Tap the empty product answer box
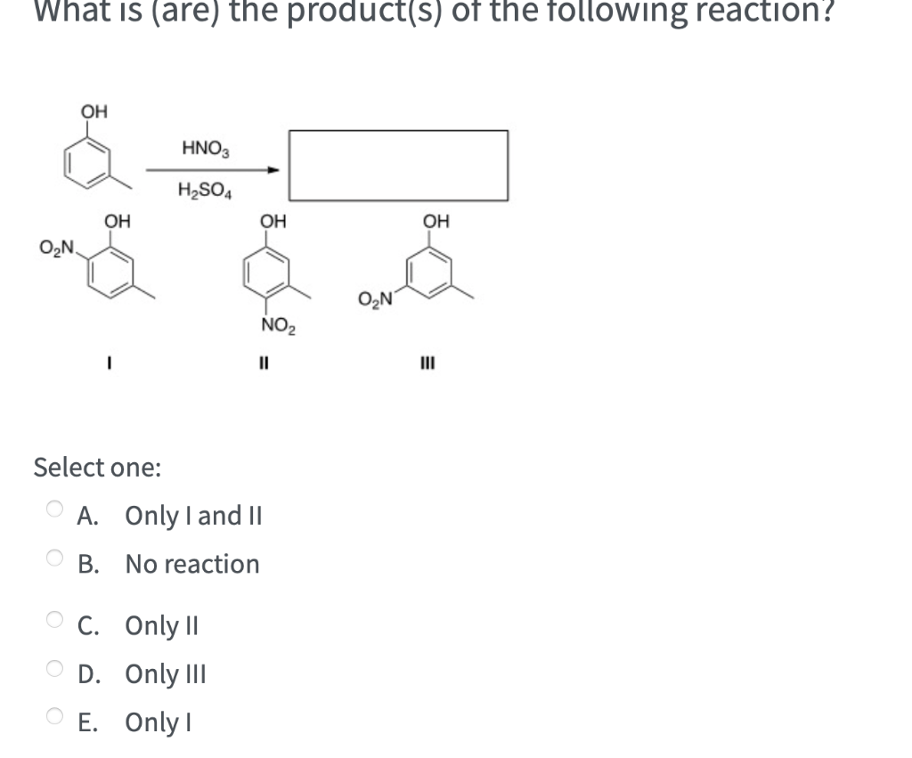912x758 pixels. tap(398, 166)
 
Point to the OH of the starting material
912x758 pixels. tap(94, 112)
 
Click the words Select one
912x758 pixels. tap(97, 467)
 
